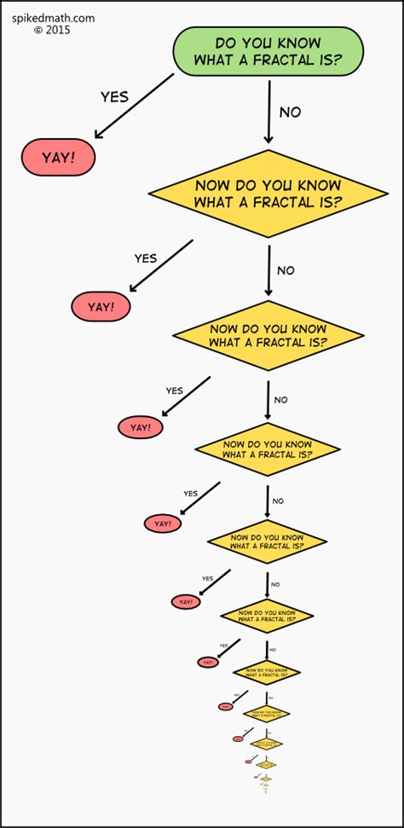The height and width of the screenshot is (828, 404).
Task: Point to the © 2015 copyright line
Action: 52,29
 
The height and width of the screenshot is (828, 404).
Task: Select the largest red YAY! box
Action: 58,157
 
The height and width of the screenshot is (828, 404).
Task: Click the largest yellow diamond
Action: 268,194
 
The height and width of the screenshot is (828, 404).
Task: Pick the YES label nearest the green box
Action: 114,96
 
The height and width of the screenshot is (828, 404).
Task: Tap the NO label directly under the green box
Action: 290,112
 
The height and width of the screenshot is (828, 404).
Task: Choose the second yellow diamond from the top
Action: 268,335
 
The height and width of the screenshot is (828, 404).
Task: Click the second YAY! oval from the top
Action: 101,306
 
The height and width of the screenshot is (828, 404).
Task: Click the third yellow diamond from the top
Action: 268,449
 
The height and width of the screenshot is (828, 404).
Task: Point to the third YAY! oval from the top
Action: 141,427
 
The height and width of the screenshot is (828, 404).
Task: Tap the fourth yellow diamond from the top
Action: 268,541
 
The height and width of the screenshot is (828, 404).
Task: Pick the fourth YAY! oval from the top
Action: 163,524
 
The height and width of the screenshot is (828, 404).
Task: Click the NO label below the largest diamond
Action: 286,270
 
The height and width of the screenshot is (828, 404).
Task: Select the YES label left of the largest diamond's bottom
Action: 146,258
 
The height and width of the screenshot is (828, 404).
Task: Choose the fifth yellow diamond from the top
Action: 268,614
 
